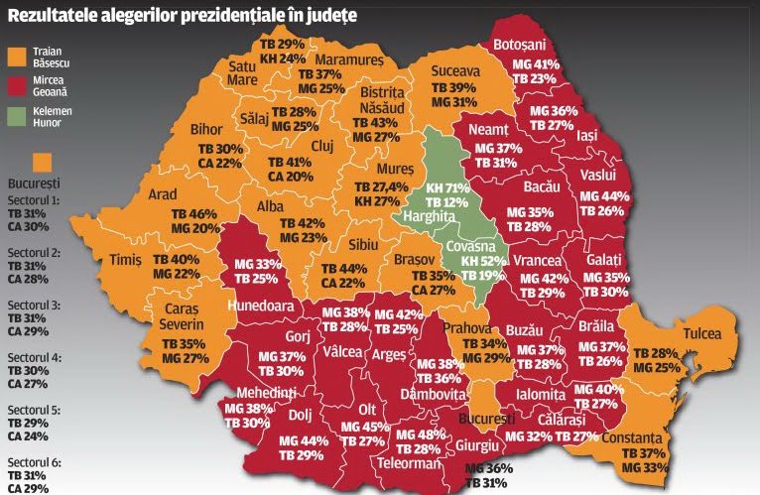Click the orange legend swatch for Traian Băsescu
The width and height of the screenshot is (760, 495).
[15, 55]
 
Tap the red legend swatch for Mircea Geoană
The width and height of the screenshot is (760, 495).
[15, 83]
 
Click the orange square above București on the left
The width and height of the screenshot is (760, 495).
[43, 162]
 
